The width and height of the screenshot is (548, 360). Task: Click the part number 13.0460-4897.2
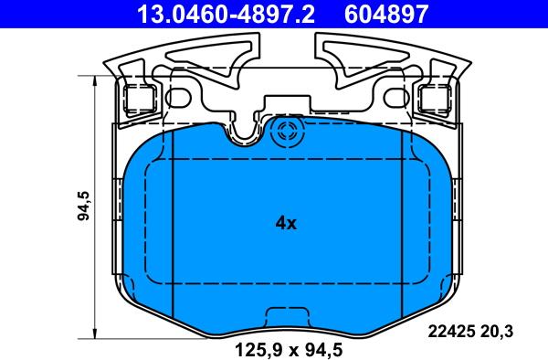pos(227,14)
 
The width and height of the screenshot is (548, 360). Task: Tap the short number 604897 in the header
pos(386,14)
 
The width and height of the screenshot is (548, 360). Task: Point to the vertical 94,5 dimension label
pos(84,206)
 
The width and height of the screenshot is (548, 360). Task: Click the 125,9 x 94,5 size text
pos(289,350)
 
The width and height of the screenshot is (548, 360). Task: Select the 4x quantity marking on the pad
pos(286,223)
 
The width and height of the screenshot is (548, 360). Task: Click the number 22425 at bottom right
pos(451,332)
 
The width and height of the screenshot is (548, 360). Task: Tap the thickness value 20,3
pos(497,332)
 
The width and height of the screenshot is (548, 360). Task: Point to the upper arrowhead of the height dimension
pos(95,80)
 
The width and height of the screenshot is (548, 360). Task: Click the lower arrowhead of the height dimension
pos(95,334)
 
